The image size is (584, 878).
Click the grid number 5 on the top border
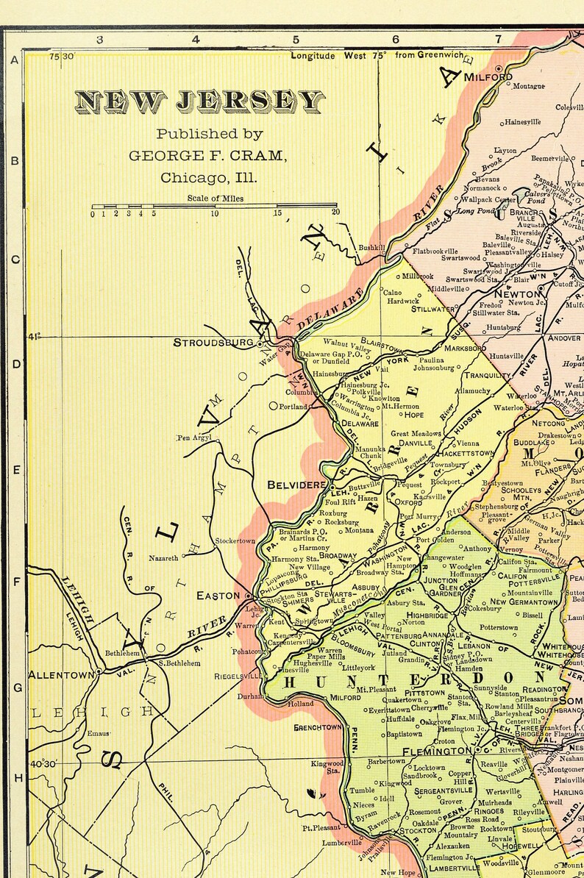tap(296, 39)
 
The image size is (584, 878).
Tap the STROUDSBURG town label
tap(213, 342)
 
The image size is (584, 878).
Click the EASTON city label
tap(218, 596)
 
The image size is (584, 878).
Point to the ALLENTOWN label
tap(61, 674)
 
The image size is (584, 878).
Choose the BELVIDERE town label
tap(296, 485)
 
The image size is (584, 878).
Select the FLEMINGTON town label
tap(437, 751)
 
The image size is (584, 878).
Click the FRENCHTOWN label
tap(318, 727)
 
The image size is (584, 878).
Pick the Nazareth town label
tap(164, 558)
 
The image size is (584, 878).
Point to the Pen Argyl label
tap(194, 438)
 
